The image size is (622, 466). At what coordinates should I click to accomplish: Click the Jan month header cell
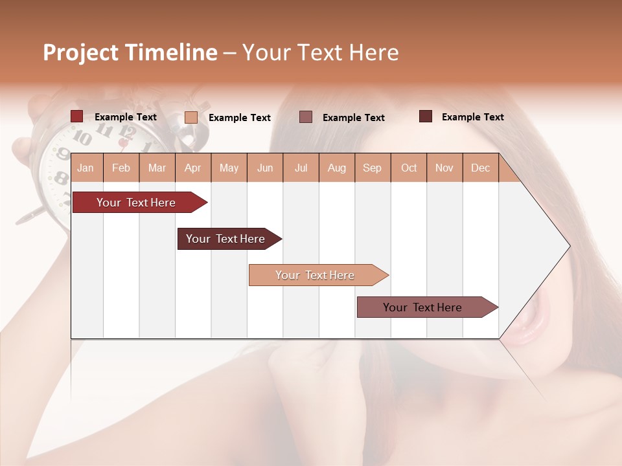click(86, 168)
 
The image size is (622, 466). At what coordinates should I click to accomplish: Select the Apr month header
click(193, 168)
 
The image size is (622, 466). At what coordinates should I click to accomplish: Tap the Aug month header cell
click(336, 168)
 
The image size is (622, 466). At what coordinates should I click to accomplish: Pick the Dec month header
click(480, 168)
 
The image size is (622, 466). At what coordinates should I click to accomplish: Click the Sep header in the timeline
click(372, 168)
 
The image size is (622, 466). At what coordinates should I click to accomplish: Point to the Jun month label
click(265, 168)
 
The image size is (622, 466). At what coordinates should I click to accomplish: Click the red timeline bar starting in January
click(136, 203)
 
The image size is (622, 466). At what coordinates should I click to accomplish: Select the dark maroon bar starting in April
click(225, 239)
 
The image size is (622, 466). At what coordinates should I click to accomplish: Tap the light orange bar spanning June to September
click(315, 275)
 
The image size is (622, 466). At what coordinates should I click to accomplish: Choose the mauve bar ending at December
click(422, 307)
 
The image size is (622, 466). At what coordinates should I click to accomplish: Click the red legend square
click(77, 116)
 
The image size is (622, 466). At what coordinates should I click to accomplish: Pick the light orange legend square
click(191, 117)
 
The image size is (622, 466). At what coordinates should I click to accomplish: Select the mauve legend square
click(306, 116)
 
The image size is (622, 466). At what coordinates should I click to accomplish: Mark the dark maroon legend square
click(426, 116)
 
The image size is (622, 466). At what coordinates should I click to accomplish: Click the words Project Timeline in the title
click(130, 52)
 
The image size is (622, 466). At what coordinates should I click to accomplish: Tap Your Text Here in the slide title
click(320, 52)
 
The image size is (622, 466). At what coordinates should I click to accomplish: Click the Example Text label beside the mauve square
click(354, 118)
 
